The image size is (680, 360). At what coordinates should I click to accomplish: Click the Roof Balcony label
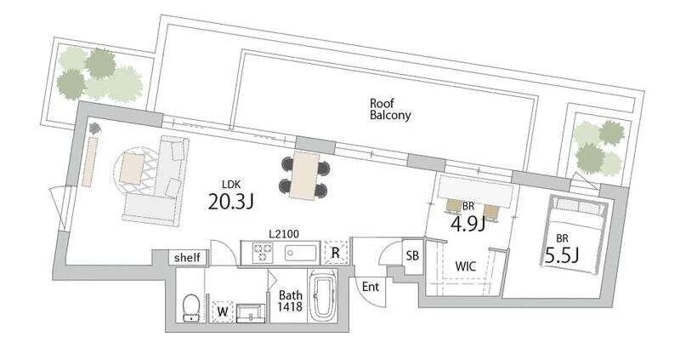[x=390, y=110]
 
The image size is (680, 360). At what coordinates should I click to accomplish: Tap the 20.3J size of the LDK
[x=230, y=201]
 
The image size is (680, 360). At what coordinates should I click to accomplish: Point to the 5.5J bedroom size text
[x=562, y=256]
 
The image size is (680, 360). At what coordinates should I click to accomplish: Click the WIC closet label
[x=465, y=266]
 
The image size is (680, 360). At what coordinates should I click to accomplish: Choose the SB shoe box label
[x=412, y=256]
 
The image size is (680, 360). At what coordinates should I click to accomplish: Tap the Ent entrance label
[x=371, y=287]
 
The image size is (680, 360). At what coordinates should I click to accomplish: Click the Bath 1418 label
[x=290, y=301]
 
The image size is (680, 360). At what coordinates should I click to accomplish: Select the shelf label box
[x=187, y=258]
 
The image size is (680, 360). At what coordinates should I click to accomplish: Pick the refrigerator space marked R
[x=335, y=252]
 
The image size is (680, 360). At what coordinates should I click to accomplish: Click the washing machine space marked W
[x=223, y=311]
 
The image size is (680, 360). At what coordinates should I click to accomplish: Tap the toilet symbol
[x=191, y=307]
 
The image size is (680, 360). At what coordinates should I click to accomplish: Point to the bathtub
[x=322, y=296]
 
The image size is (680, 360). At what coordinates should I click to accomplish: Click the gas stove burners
[x=263, y=253]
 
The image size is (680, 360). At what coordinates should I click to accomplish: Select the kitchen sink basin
[x=301, y=253]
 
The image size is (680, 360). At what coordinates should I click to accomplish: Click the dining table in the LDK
[x=304, y=176]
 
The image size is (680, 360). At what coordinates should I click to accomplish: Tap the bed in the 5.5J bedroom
[x=575, y=234]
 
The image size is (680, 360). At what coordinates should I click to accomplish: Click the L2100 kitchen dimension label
[x=284, y=234]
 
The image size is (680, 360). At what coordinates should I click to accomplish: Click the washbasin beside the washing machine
[x=251, y=313]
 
